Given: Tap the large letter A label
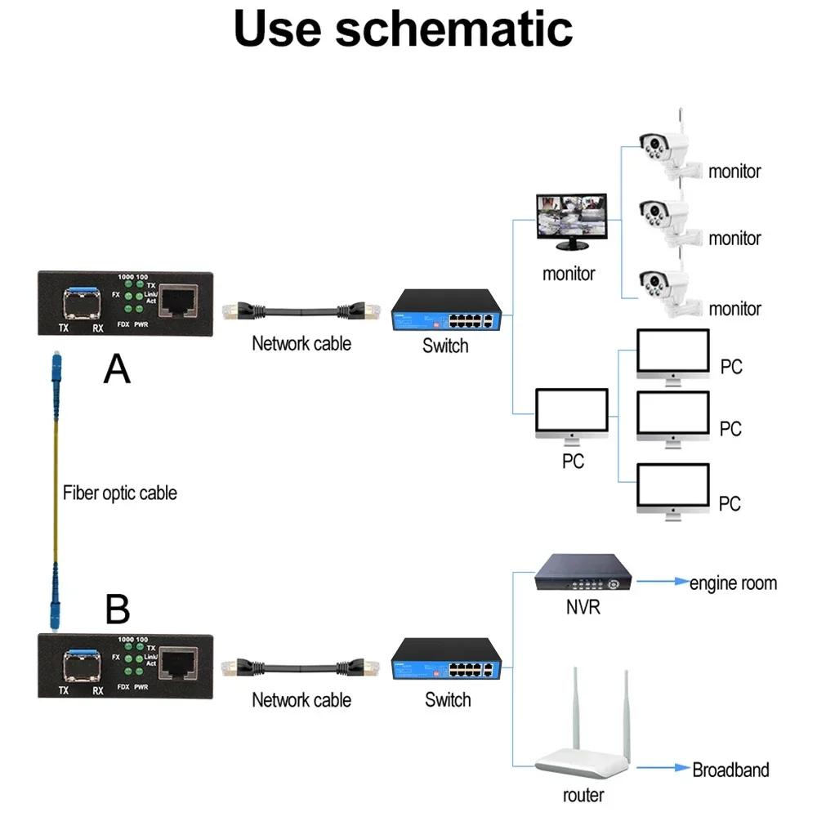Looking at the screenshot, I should pyautogui.click(x=117, y=370).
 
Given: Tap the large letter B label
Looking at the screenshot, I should pyautogui.click(x=118, y=609).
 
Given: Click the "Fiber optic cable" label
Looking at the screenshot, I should pyautogui.click(x=119, y=493).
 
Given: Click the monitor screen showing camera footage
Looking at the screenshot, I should pyautogui.click(x=571, y=218).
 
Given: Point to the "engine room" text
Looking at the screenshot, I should pyautogui.click(x=733, y=583).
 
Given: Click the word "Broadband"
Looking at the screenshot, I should pyautogui.click(x=730, y=770).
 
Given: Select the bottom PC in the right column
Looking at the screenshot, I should pyautogui.click(x=673, y=491).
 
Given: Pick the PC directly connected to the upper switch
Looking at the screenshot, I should pyautogui.click(x=572, y=414).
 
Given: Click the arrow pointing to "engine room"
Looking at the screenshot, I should pyautogui.click(x=663, y=583).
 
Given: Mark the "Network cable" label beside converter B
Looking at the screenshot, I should pyautogui.click(x=301, y=700).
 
